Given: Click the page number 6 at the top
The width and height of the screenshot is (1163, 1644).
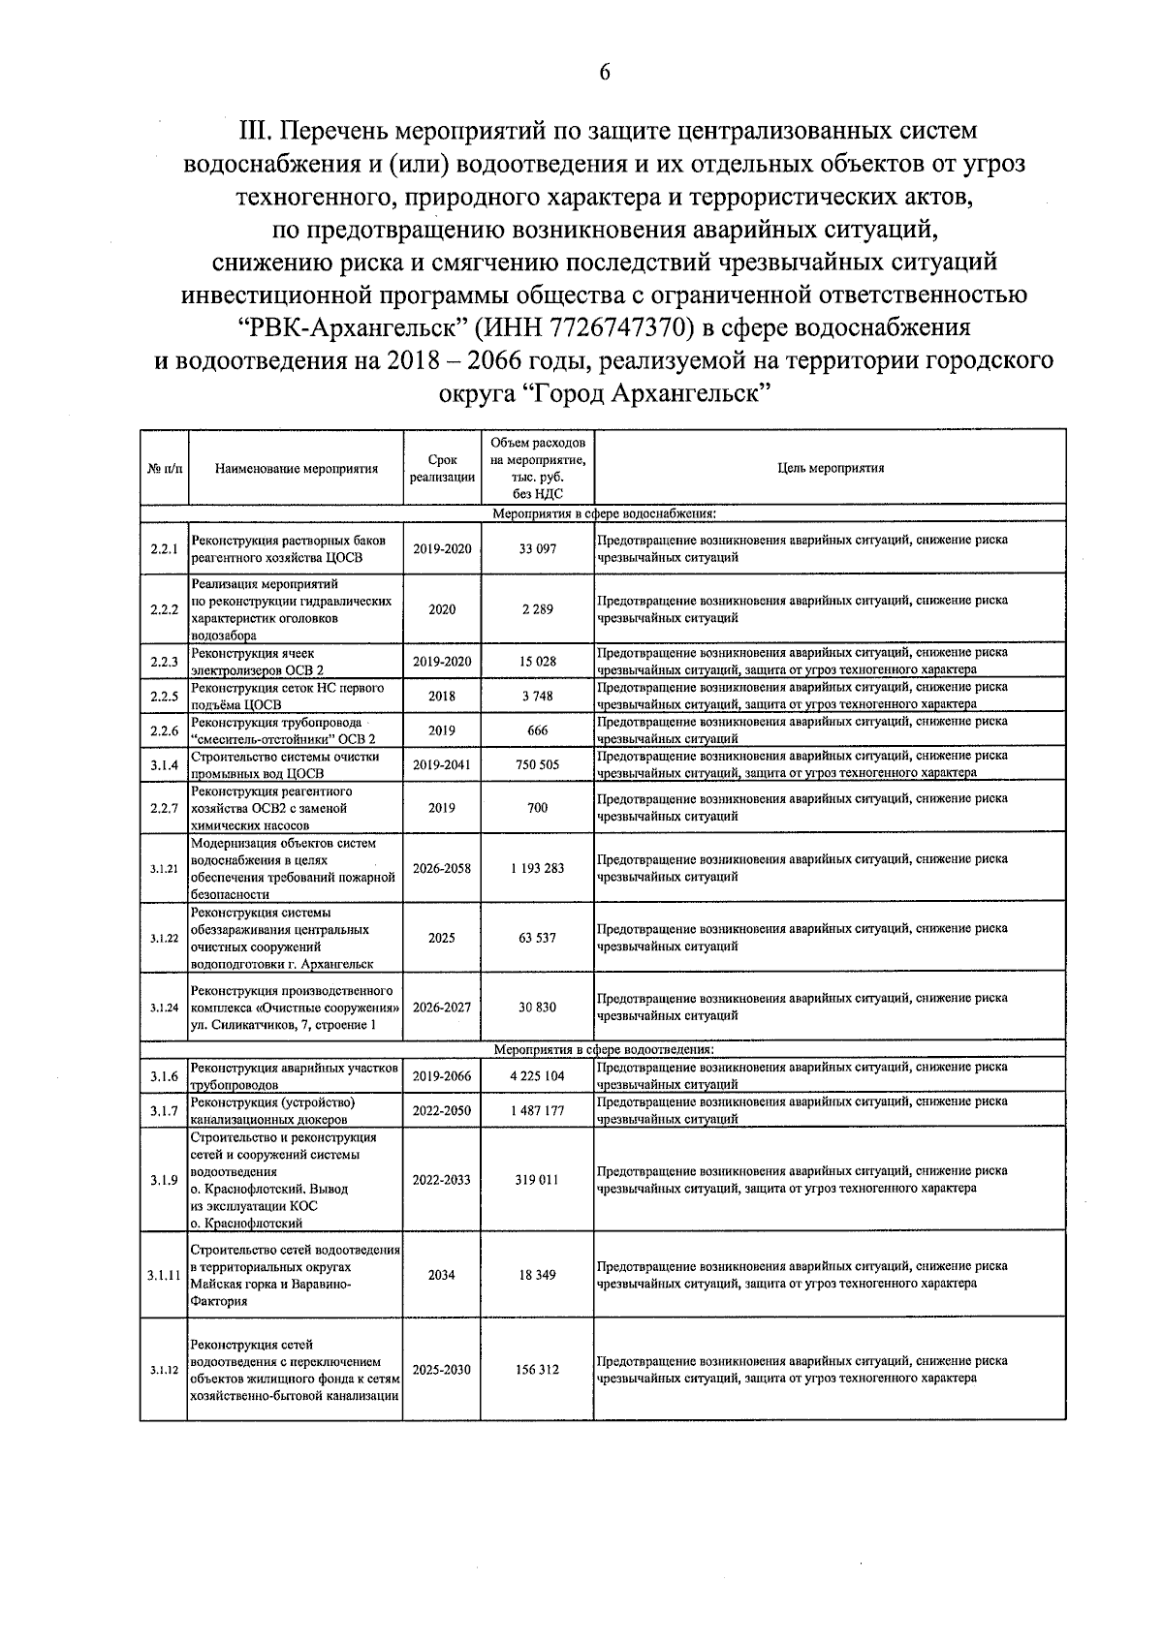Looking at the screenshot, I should pyautogui.click(x=604, y=74).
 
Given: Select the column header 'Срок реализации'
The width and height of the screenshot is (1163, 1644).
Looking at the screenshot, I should pyautogui.click(x=442, y=469).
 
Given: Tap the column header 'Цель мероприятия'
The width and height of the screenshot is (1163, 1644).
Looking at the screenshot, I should pyautogui.click(x=831, y=468).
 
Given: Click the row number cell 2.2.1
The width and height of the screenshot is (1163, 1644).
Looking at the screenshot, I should pyautogui.click(x=164, y=549).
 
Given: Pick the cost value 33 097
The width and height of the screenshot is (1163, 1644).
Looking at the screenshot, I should pyautogui.click(x=538, y=549).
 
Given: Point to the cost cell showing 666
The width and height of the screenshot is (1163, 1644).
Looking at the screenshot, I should pyautogui.click(x=538, y=731).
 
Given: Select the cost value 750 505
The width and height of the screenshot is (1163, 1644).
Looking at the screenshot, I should pyautogui.click(x=538, y=765).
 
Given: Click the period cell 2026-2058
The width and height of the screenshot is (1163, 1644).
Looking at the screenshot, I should pyautogui.click(x=442, y=869).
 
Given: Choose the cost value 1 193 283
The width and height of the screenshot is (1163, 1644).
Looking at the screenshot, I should pyautogui.click(x=537, y=869).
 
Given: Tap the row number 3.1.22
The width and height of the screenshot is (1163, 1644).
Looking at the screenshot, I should pyautogui.click(x=164, y=939).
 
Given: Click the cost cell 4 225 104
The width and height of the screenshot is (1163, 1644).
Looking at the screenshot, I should pyautogui.click(x=537, y=1076).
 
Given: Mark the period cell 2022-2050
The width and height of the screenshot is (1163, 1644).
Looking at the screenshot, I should pyautogui.click(x=442, y=1111).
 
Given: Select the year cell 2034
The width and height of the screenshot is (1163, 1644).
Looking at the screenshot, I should pyautogui.click(x=442, y=1276).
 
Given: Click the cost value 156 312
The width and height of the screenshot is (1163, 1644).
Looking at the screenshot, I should pyautogui.click(x=538, y=1371).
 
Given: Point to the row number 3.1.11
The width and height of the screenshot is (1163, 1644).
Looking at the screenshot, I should pyautogui.click(x=164, y=1276).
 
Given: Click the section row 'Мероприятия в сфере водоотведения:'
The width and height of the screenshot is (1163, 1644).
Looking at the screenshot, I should pyautogui.click(x=604, y=1049).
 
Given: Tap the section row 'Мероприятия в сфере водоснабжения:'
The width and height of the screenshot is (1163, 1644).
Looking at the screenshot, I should pyautogui.click(x=604, y=513).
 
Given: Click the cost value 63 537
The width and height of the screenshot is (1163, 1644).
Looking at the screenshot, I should pyautogui.click(x=538, y=939).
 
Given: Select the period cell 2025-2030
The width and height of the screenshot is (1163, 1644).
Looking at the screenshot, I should pyautogui.click(x=442, y=1371).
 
